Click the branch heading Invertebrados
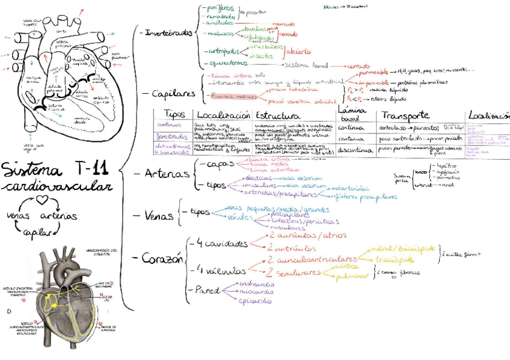(x=169, y=32)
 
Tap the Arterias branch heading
(x=168, y=173)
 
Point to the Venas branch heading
(x=159, y=215)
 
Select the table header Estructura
(x=278, y=115)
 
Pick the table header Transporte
(x=405, y=115)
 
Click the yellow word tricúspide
(x=395, y=260)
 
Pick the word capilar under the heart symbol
(x=37, y=233)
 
